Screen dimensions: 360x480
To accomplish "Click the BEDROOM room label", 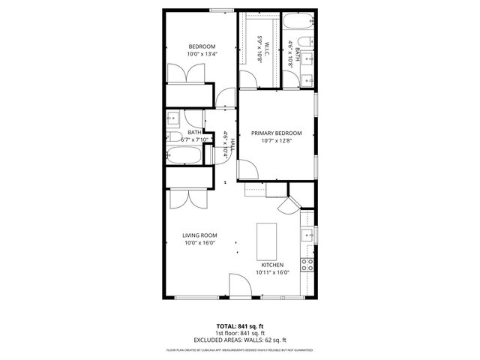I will (x=202, y=46).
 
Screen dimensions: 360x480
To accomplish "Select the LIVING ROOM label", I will (x=199, y=235).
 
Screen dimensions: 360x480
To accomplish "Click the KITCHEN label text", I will (x=271, y=265).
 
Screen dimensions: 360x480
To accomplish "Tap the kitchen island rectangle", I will (x=266, y=239).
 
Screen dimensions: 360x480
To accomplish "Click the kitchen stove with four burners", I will (x=306, y=264).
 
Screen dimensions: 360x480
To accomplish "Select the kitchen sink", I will (x=306, y=236).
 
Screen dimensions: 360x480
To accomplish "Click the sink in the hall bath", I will (x=172, y=118).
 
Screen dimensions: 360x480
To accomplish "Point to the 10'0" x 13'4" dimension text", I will (x=202, y=54).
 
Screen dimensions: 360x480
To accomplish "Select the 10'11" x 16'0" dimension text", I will (x=271, y=273).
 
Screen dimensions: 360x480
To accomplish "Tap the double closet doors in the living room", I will (x=183, y=199).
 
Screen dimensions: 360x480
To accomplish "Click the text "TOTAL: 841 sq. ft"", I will (x=240, y=326).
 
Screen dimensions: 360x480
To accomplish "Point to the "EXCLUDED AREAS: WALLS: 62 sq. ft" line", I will (x=240, y=339).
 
